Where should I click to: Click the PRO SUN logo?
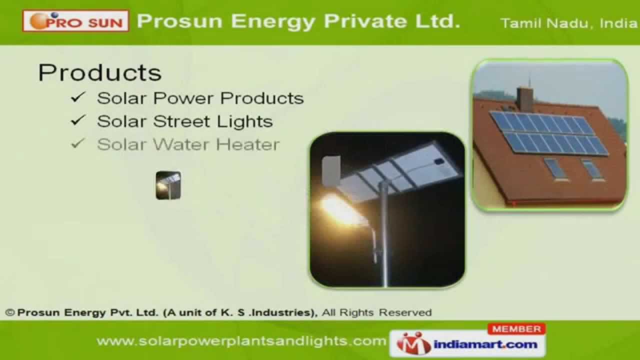[75, 21]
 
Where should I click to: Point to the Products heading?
[100, 72]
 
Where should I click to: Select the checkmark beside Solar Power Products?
[78, 97]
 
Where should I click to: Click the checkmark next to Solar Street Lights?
[78, 120]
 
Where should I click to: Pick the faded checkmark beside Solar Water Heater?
[78, 144]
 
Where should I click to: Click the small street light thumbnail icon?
[168, 185]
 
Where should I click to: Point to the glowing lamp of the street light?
[336, 204]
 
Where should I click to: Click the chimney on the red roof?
[524, 98]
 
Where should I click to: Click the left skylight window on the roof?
[554, 168]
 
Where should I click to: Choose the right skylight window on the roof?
[592, 169]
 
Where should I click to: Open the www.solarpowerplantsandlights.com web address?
[241, 341]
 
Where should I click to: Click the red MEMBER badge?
[516, 329]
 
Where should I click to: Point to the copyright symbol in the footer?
[10, 313]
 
